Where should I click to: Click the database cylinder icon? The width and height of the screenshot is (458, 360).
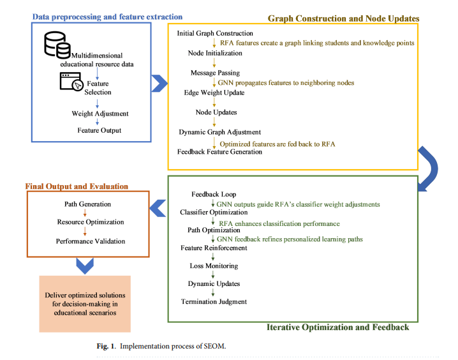tap(57, 45)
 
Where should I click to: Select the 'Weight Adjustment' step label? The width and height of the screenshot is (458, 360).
tap(100, 114)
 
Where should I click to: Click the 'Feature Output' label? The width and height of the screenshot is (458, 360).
tap(100, 130)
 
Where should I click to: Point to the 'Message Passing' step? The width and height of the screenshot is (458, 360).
tap(215, 73)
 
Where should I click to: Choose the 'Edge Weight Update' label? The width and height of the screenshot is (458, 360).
tap(214, 93)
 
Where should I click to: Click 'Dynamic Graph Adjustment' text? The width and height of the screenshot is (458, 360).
tap(219, 132)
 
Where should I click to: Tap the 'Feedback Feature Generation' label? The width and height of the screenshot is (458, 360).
tap(219, 152)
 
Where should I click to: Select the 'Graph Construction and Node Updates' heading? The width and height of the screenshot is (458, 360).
tap(343, 19)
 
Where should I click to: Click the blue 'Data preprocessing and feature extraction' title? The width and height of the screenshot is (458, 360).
tap(107, 17)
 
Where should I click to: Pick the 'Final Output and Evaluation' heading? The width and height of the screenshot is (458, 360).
tap(77, 186)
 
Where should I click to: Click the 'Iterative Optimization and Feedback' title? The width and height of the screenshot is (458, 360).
tap(337, 327)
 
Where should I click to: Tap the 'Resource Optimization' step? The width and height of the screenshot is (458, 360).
tap(91, 221)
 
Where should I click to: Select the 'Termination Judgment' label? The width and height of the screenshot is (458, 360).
tap(214, 301)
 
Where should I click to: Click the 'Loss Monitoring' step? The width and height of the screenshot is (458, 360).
tap(214, 266)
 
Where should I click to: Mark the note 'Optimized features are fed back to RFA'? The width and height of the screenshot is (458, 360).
tap(277, 144)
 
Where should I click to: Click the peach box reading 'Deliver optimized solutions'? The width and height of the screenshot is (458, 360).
tap(85, 304)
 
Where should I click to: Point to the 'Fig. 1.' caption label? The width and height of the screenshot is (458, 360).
tap(107, 346)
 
